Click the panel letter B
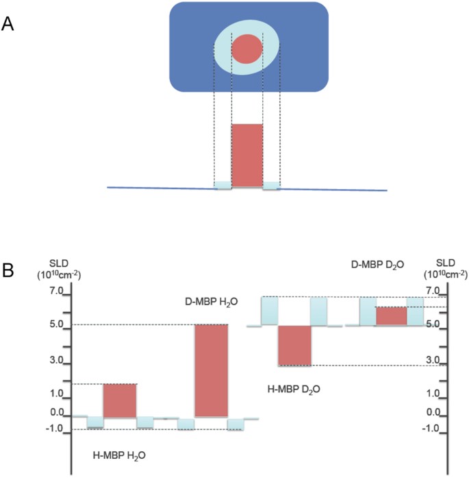pyautogui.click(x=9, y=270)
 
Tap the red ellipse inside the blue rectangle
pyautogui.click(x=246, y=50)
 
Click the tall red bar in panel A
pyautogui.click(x=246, y=155)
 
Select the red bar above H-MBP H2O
pyautogui.click(x=120, y=400)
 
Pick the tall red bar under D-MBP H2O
pyautogui.click(x=212, y=370)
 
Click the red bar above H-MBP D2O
pyautogui.click(x=294, y=346)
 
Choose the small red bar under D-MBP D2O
pyautogui.click(x=392, y=315)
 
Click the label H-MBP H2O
pyautogui.click(x=119, y=455)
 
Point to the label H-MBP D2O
pyautogui.click(x=292, y=389)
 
